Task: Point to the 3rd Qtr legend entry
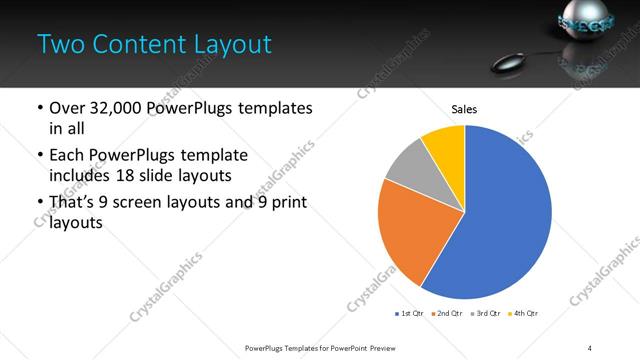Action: pyautogui.click(x=486, y=314)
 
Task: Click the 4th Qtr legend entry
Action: pyautogui.click(x=523, y=314)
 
